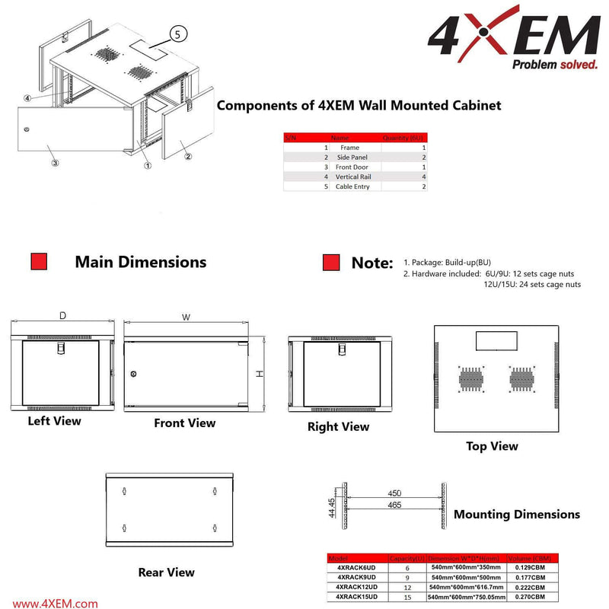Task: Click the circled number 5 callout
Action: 177,33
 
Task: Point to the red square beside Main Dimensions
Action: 39,262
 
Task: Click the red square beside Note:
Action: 330,262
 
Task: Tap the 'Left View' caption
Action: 54,420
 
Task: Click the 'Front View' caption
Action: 184,423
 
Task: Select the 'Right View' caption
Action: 338,426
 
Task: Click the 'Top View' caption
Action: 492,446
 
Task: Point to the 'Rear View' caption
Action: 166,572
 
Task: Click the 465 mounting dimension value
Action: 394,505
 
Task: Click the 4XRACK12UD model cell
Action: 358,587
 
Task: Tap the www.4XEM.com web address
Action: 55,603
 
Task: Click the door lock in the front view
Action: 134,374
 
